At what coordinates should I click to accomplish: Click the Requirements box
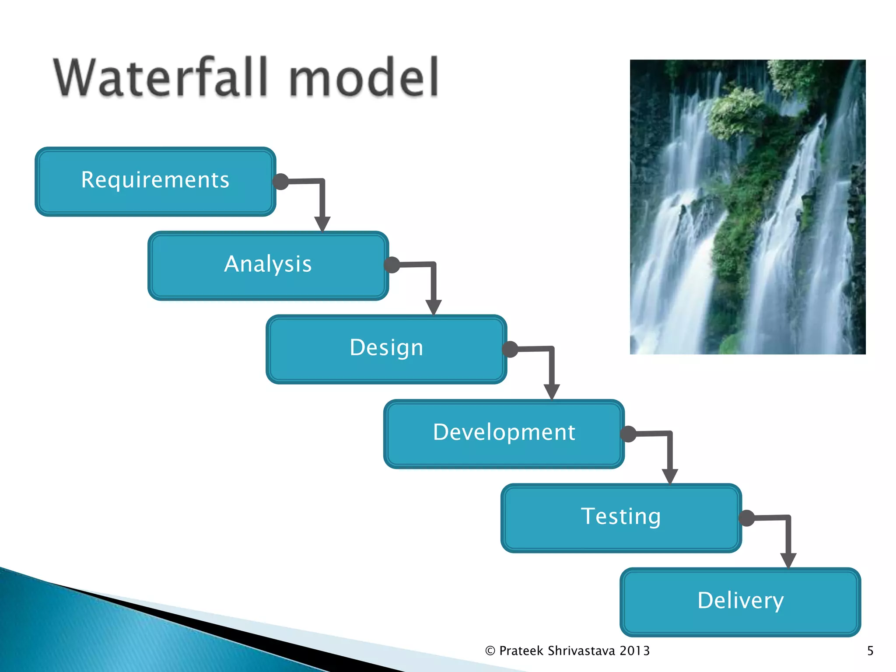tap(155, 181)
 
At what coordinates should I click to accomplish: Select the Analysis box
tap(268, 265)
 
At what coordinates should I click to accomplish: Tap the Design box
tap(386, 349)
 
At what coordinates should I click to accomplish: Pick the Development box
tap(504, 433)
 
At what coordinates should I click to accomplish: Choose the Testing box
tap(621, 518)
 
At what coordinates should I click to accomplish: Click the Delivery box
tap(740, 602)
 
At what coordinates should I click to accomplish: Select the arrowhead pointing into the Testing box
tap(670, 476)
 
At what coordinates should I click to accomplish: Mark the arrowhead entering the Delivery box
tap(788, 560)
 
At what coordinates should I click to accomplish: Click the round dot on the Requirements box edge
tap(280, 181)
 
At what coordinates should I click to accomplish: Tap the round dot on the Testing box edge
tap(747, 518)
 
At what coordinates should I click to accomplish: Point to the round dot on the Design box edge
tap(510, 349)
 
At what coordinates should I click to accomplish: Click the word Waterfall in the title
tap(160, 78)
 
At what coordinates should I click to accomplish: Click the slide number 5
tap(870, 651)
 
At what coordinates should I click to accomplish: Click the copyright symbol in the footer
tap(490, 651)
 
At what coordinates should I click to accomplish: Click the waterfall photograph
tap(747, 206)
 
